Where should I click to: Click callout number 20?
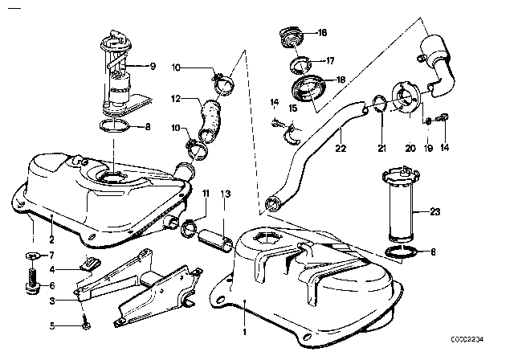410,148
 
